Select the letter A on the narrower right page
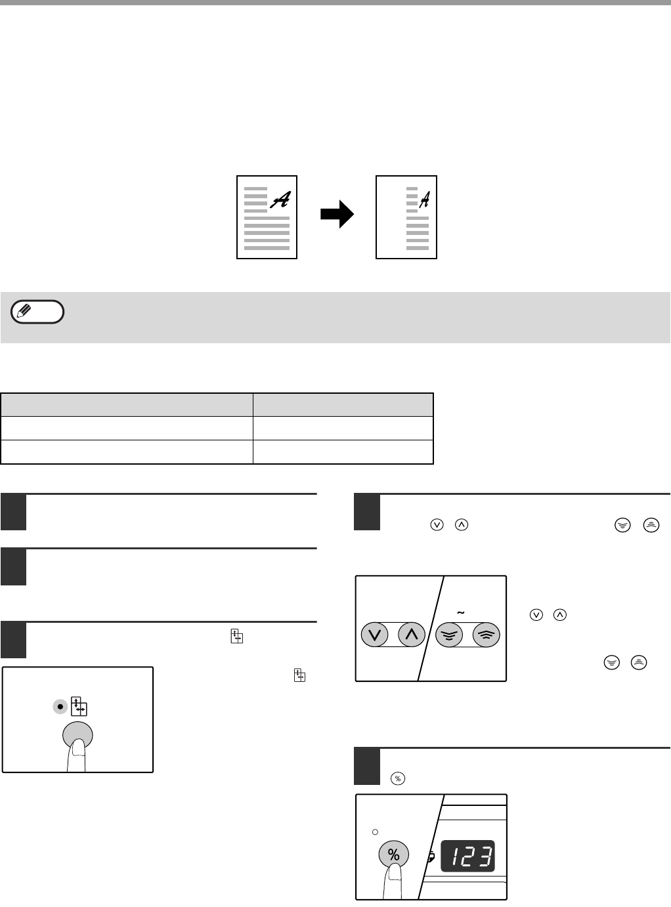pos(425,198)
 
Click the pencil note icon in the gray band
pos(38,312)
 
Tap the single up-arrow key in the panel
pos(412,635)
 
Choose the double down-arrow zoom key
pos(449,635)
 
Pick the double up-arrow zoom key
pos(487,635)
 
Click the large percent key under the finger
pos(393,854)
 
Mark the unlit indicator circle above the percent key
pos(375,832)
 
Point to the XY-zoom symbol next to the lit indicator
pos(79,707)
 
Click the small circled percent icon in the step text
pos(397,779)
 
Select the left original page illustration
pos(267,217)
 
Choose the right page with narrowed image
pos(406,217)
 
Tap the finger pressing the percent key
pos(396,879)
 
